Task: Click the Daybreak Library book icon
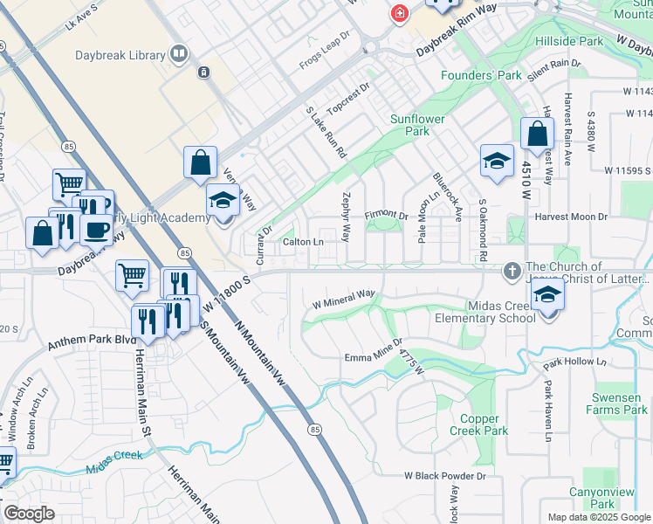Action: coord(179,55)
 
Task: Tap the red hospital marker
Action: coord(399,13)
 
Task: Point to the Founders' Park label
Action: coord(481,75)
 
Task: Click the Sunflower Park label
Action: coord(417,125)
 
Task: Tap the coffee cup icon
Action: coord(96,229)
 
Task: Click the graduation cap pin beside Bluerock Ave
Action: coord(497,161)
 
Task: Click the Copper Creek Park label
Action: coord(478,425)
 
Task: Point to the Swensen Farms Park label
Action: coord(616,403)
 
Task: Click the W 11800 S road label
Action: coord(228,293)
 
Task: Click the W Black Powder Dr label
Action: coord(444,477)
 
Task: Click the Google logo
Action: coord(30,514)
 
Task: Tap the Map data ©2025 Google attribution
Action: coord(598,517)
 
